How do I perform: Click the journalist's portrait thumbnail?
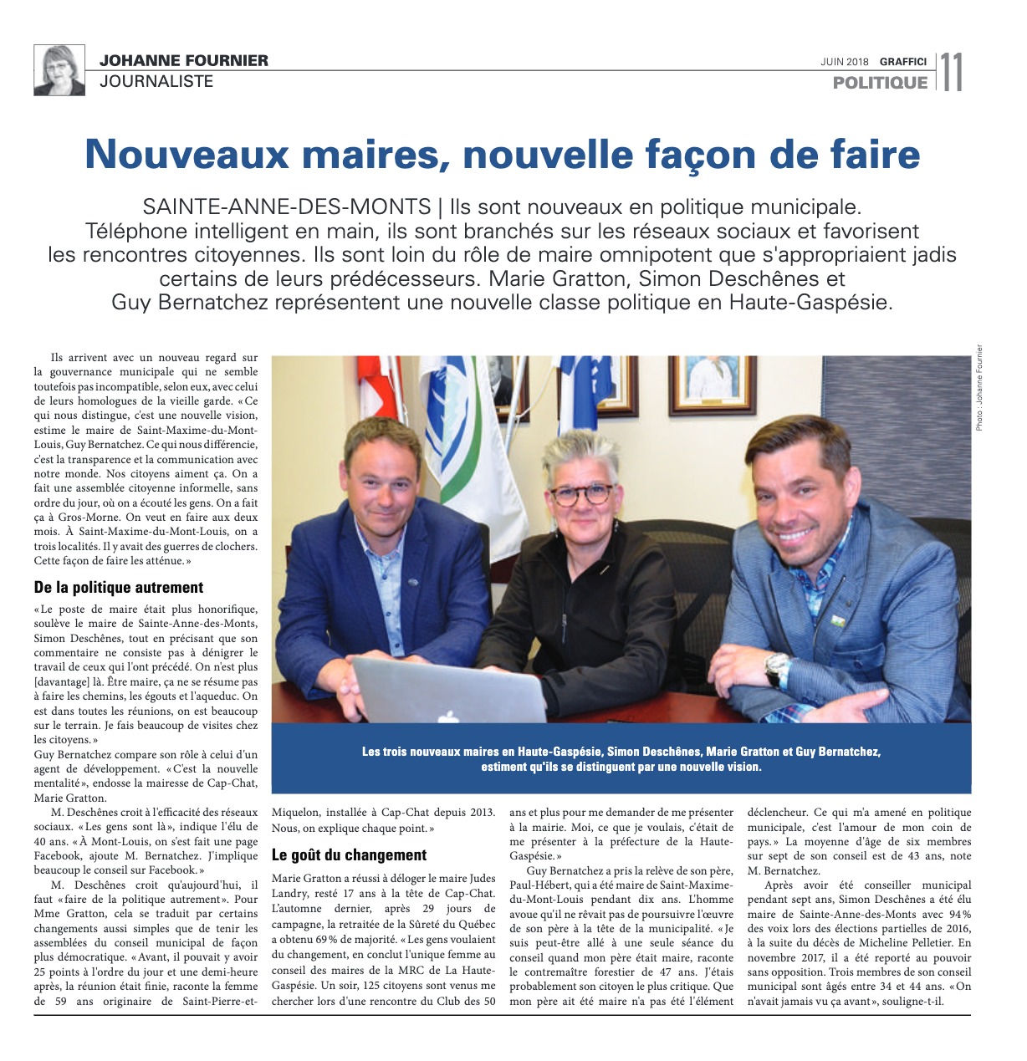click(59, 70)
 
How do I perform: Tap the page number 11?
click(951, 72)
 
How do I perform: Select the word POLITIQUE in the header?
click(880, 83)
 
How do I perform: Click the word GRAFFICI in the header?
click(902, 61)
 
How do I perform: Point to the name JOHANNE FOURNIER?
click(184, 60)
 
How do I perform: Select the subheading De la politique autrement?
click(119, 588)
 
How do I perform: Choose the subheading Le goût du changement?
click(349, 854)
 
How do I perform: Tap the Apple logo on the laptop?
click(448, 717)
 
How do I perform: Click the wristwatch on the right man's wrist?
click(777, 669)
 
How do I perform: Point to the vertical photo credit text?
click(979, 388)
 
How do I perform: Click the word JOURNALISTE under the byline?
click(156, 81)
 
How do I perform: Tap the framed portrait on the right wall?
click(713, 380)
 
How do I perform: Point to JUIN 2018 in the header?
click(845, 61)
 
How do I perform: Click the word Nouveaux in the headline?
click(190, 155)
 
